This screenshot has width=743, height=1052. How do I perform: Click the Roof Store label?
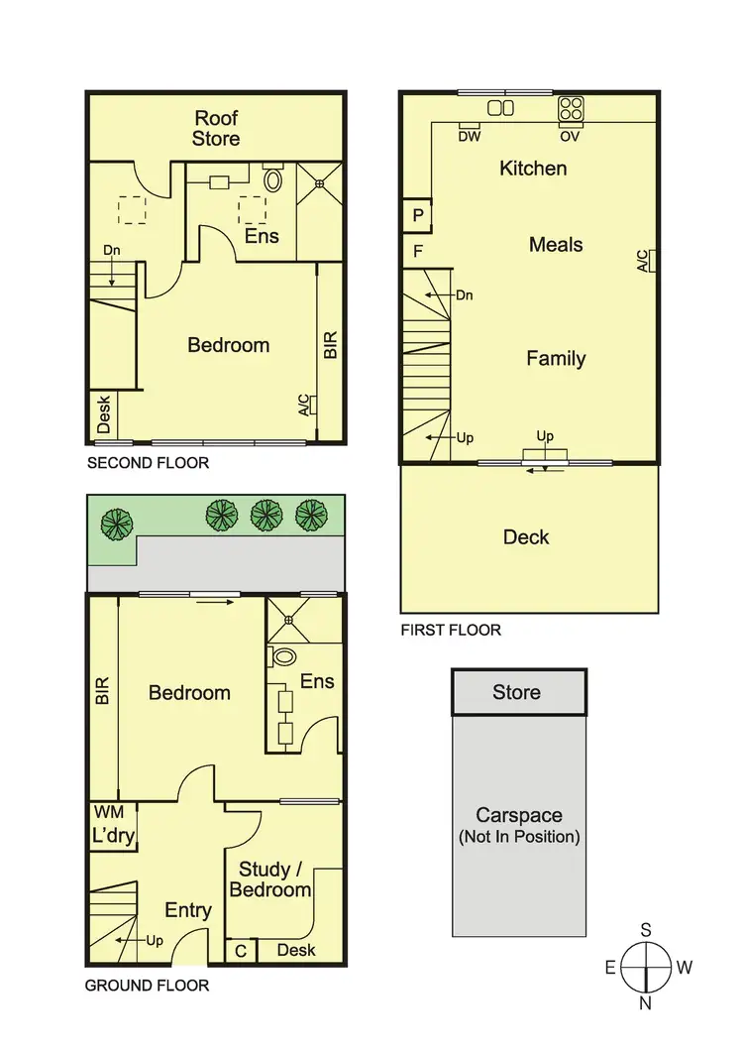point(216,129)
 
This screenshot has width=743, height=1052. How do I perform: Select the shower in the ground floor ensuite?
point(289,620)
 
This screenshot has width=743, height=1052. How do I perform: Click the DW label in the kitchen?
point(469,137)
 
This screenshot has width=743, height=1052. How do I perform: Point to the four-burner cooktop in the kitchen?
point(571,108)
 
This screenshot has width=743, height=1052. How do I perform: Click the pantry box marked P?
point(417,215)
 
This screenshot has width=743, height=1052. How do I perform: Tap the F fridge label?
point(417,252)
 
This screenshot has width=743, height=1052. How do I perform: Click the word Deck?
point(526,537)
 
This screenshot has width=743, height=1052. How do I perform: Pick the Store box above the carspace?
point(518,692)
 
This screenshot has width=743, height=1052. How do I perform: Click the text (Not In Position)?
point(519,837)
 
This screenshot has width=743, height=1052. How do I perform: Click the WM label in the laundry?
point(107,812)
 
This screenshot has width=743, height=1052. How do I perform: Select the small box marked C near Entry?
point(240,951)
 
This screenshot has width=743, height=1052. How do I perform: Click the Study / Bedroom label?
point(269,879)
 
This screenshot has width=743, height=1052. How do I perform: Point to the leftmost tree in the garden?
point(118,523)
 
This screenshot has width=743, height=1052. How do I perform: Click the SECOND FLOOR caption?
point(149,463)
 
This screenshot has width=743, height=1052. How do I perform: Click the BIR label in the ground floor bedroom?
point(101,691)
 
